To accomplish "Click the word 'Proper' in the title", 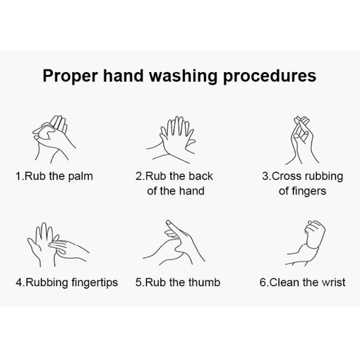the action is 70,76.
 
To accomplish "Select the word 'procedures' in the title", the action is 269,76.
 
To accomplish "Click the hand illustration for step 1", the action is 54,139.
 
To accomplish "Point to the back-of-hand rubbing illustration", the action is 171,140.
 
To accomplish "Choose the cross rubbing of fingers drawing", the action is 302,140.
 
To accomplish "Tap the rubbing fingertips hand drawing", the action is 58,244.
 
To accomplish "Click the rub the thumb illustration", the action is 174,242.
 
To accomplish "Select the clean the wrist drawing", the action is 305,244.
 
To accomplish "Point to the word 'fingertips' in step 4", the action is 95,283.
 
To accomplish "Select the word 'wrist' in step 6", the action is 334,282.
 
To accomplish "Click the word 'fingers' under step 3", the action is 309,191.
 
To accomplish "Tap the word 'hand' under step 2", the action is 192,191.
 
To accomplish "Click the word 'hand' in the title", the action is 123,76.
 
